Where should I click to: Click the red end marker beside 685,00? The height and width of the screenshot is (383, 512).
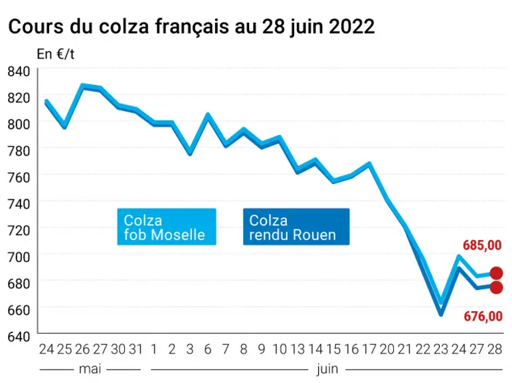496,273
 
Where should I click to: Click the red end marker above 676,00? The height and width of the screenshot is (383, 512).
496,287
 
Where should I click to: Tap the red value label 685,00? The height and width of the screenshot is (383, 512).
482,245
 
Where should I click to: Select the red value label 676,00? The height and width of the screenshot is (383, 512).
483,317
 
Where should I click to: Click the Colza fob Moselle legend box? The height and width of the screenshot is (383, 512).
167,227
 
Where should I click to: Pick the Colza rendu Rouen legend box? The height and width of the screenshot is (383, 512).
296,227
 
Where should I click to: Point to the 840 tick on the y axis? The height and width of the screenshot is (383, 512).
19,71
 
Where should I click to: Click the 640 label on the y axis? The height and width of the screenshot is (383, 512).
19,336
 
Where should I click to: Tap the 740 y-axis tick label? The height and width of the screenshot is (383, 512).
19,204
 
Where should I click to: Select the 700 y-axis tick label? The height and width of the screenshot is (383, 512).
19,257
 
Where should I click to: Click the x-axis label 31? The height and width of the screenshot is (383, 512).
136,349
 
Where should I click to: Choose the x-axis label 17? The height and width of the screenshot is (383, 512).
369,349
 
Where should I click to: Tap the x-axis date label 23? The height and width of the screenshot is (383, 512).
441,349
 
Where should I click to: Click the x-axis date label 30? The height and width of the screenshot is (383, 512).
118,349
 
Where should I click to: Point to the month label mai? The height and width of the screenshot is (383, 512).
90,369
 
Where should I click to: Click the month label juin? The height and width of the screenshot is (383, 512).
327,370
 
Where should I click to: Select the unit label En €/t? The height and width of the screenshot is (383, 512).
56,54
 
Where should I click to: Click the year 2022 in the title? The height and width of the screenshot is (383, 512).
352,27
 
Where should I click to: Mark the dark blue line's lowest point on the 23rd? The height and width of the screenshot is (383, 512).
441,315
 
